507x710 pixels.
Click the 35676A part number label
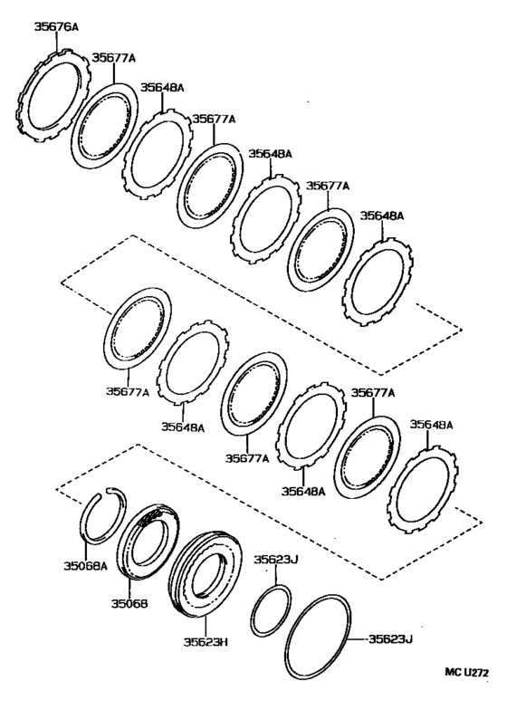click(x=56, y=28)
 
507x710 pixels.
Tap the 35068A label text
click(x=85, y=565)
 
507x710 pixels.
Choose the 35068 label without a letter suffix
click(x=129, y=603)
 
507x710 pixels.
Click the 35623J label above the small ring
click(x=275, y=560)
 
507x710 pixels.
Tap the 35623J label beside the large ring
click(x=390, y=639)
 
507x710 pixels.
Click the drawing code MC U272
click(x=467, y=672)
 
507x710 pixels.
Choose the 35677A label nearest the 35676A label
click(x=114, y=58)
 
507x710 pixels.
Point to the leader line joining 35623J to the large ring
click(x=357, y=639)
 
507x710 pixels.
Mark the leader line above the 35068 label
click(x=129, y=588)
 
